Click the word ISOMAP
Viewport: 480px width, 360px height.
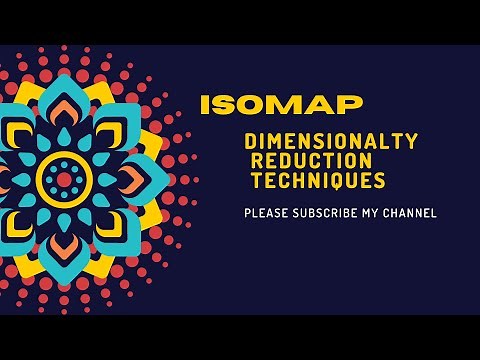(x=281, y=105)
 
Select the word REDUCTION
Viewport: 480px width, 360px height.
(x=312, y=162)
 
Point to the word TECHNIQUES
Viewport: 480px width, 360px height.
(x=318, y=182)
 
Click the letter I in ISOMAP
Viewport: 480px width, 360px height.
(x=204, y=105)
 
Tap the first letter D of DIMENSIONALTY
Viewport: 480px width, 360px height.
(x=250, y=143)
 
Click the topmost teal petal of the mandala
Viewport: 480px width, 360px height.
(x=64, y=95)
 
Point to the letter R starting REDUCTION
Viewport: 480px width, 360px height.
(x=257, y=162)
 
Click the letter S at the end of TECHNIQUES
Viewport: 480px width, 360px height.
(x=380, y=182)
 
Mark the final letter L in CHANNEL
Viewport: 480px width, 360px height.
(x=434, y=213)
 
